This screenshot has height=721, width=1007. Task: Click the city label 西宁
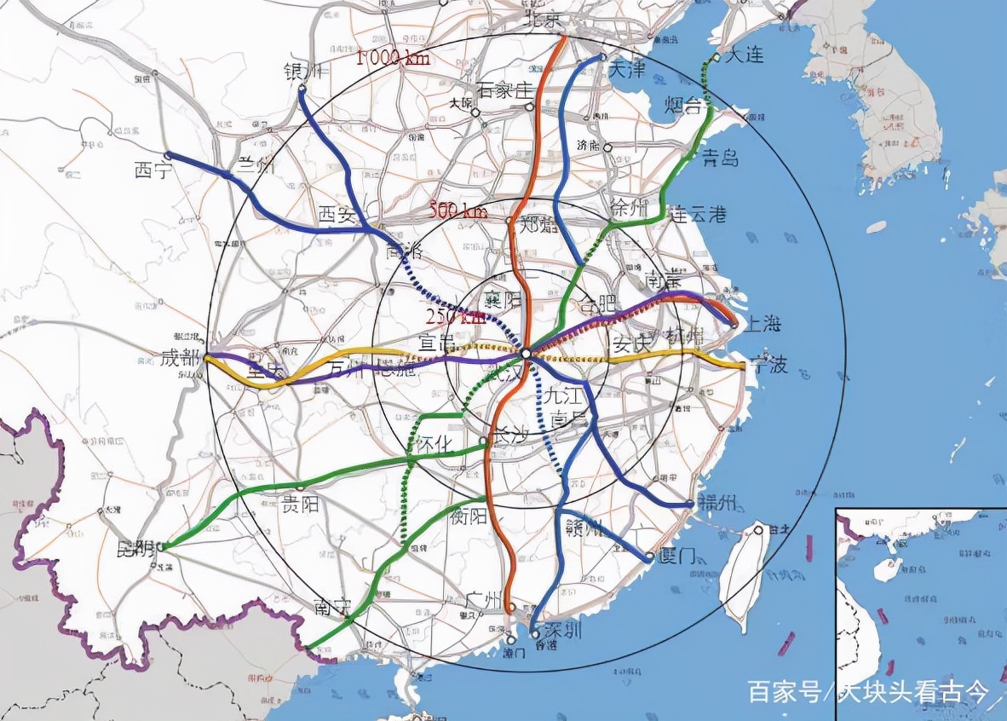coord(153,170)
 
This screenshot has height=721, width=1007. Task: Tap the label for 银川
coord(303,72)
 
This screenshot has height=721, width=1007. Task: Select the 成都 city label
coord(180,358)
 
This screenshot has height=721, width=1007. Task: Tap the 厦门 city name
coord(677,556)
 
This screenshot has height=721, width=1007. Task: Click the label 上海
coord(763,324)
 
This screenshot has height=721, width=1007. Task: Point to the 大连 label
coord(744,56)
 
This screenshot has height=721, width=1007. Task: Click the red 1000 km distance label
coord(393,58)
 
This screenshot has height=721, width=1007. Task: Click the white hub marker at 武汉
coord(526,353)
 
